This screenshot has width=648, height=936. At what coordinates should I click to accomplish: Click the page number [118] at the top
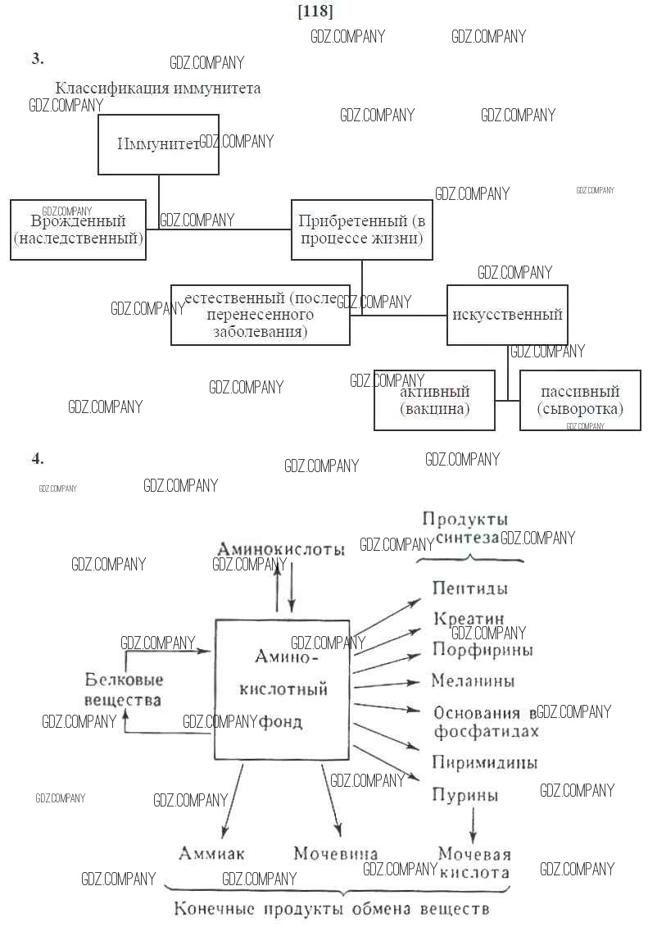point(316,11)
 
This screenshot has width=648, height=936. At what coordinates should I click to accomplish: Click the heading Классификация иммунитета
point(158,89)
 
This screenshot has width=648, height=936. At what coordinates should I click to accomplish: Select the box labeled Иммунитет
point(158,144)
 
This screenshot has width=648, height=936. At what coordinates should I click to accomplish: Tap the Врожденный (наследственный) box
point(78,230)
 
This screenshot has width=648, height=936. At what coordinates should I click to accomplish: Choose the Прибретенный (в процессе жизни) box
point(362,230)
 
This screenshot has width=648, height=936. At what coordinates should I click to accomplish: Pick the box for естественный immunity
point(261,315)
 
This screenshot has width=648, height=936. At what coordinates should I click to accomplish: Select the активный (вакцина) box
point(434,400)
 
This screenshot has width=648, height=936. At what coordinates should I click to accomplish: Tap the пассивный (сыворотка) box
point(580,400)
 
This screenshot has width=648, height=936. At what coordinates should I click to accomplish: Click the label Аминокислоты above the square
point(281,549)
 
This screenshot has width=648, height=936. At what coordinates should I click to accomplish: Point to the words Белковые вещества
point(124,689)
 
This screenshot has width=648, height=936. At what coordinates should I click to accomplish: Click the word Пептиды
point(469,588)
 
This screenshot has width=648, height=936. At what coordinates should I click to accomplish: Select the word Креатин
point(469,619)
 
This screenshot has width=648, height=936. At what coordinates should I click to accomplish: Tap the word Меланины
point(474,681)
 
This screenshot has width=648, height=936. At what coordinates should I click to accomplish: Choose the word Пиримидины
point(485,763)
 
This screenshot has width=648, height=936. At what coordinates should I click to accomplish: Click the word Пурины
point(464,794)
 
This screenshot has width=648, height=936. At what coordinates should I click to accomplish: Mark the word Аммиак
point(211,853)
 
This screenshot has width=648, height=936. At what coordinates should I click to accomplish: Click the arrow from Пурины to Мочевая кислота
point(473,823)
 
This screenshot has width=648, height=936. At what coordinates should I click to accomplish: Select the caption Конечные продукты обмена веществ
point(332,910)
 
